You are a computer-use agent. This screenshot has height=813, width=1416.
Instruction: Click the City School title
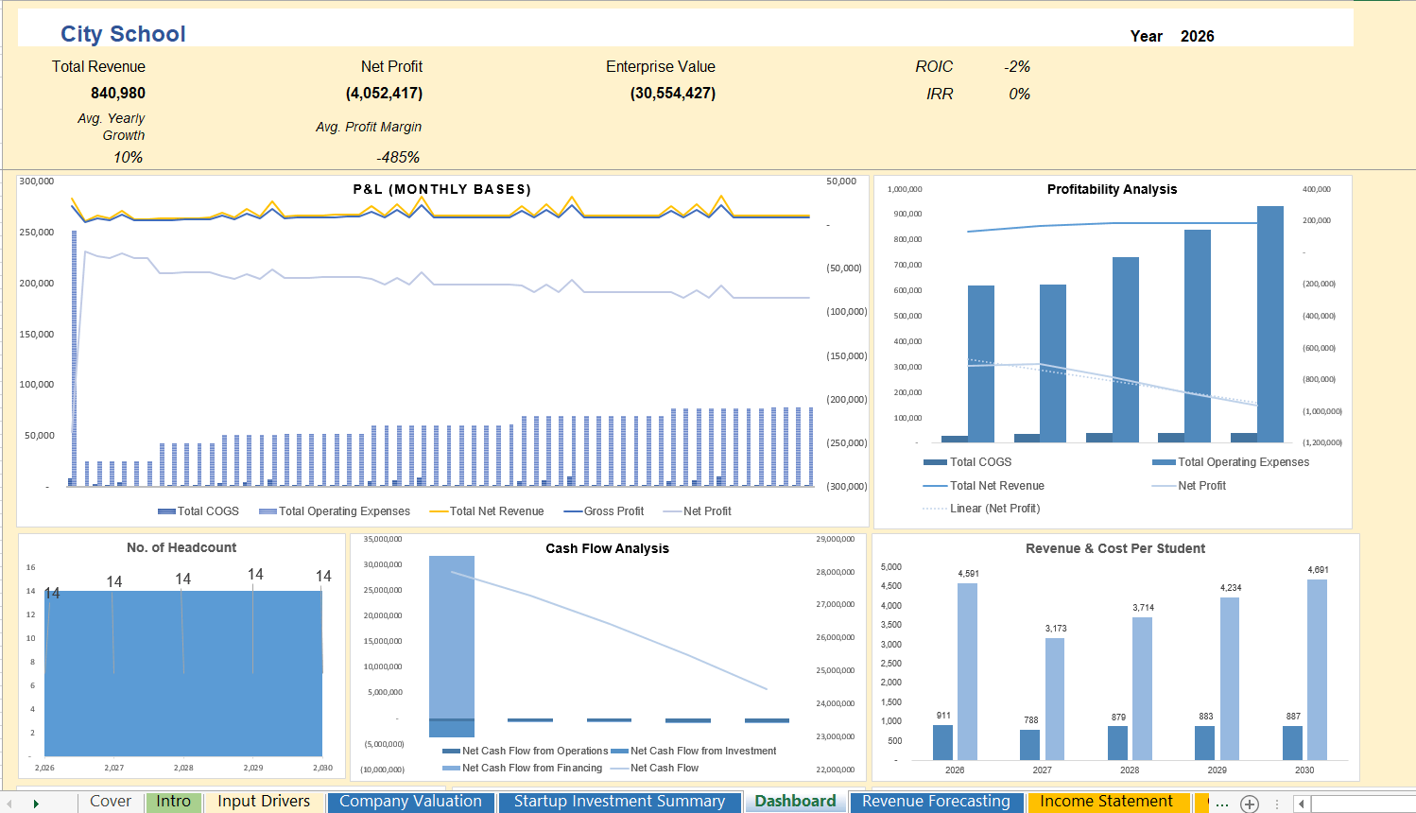tap(123, 34)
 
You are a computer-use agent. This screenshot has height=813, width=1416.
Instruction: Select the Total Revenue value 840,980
tap(117, 93)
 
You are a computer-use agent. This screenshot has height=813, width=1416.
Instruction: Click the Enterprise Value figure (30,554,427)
tap(672, 93)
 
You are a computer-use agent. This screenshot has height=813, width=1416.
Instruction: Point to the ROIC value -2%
tap(1016, 66)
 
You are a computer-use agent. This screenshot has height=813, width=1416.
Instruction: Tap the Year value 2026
tap(1197, 36)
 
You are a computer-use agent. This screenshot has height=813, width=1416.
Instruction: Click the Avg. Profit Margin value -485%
tap(397, 157)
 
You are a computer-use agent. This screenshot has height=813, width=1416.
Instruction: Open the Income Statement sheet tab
tap(1106, 802)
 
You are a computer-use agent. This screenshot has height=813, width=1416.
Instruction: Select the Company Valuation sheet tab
tap(410, 802)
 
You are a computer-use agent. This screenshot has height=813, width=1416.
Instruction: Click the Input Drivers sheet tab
tap(264, 802)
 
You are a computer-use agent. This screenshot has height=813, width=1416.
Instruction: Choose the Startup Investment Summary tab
tap(619, 802)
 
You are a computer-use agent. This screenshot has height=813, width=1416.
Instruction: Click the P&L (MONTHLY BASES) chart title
tap(441, 189)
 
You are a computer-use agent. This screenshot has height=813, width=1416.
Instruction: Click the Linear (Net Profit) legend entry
tap(993, 509)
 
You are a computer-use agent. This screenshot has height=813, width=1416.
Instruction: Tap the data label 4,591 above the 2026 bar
tap(968, 574)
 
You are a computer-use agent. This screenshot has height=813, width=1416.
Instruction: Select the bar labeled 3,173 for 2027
tap(1055, 700)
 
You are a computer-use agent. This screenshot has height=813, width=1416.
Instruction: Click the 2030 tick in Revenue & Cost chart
tap(1304, 770)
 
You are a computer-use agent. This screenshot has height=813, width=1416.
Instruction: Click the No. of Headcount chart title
tap(181, 547)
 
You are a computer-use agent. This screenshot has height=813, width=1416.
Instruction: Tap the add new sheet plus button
tap(1250, 804)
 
